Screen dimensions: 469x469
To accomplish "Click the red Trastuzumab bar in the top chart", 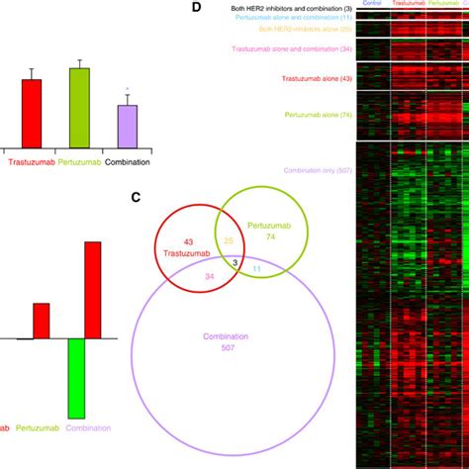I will pos(32,114).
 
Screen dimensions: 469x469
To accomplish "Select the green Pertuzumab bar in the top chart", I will pos(79,108).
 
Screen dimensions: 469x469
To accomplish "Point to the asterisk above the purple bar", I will pos(127,90).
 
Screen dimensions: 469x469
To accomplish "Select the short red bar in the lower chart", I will pos(41,321).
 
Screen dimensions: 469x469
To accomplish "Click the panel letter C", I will pos(138,197).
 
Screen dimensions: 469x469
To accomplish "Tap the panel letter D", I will pos(195,8).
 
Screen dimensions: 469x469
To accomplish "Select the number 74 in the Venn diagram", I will pos(270,238).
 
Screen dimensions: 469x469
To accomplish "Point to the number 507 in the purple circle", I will pos(230,346).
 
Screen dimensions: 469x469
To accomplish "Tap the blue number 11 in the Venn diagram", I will pos(256,269).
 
